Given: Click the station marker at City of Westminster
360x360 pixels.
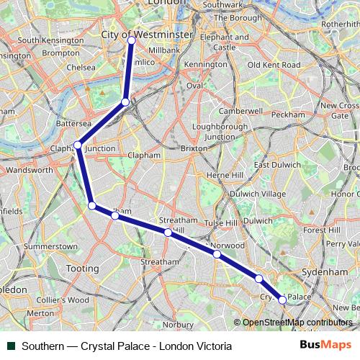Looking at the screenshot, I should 132,40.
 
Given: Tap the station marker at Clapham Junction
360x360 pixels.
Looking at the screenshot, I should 77,145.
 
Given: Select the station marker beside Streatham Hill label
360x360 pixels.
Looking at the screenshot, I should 168,233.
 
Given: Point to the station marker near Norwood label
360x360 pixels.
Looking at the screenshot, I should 217,253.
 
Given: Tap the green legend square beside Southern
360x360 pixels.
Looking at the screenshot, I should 11,346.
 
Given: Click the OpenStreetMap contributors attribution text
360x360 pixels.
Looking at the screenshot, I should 297,323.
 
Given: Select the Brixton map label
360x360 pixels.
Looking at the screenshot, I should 194,148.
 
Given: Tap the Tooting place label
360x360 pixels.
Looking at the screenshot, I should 83,269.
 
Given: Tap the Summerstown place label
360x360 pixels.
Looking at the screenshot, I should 50,246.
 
